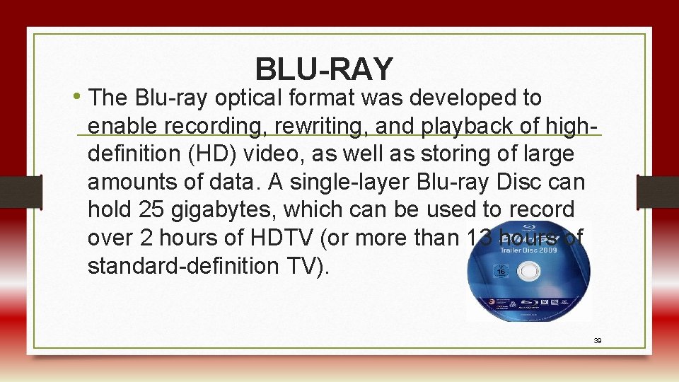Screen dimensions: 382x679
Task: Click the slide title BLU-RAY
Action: pyautogui.click(x=323, y=69)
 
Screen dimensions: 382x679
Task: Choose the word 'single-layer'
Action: pyautogui.click(x=337, y=183)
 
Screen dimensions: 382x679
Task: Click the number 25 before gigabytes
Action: pyautogui.click(x=154, y=210)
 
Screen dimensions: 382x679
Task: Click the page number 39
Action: pyautogui.click(x=597, y=341)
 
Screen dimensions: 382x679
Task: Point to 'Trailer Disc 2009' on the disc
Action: pyautogui.click(x=528, y=250)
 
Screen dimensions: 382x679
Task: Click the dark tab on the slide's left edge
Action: pyautogui.click(x=21, y=191)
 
